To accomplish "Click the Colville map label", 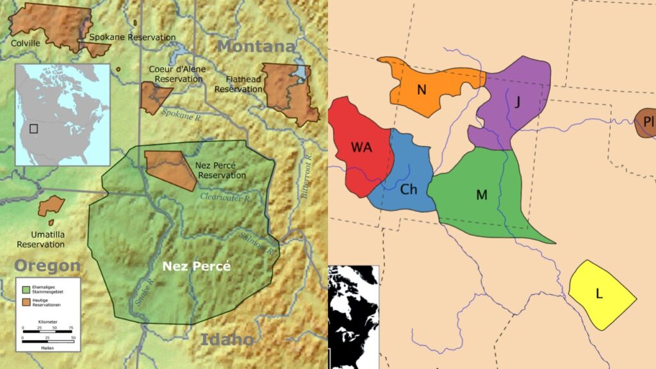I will pos(26,43).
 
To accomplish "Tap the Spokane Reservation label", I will pos(132,37).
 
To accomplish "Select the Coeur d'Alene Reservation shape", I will pos(154,97).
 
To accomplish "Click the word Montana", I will pos(256,47).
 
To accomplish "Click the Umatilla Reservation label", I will pos(40,240).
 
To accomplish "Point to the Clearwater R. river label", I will pos(224,198).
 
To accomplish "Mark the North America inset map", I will pos(61,114).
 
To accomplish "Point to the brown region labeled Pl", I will pos(646,124).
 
